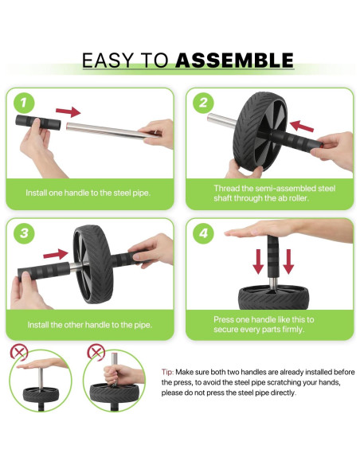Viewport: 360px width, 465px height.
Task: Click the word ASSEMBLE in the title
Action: [x=235, y=61]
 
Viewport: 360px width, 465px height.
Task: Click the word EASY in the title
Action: [x=108, y=61]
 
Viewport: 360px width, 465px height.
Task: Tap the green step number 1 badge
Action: [x=24, y=103]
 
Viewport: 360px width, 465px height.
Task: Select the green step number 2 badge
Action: [x=203, y=103]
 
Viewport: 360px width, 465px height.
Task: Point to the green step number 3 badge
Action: [x=24, y=233]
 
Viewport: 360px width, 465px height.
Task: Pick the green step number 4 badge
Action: [x=203, y=233]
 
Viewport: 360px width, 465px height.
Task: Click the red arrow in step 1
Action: [x=68, y=111]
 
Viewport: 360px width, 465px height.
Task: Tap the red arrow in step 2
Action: [x=302, y=127]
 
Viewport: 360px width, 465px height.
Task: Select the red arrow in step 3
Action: [x=56, y=255]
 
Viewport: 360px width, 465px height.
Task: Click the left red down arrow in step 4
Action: [x=258, y=261]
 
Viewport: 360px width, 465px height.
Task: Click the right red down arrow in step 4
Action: [x=288, y=261]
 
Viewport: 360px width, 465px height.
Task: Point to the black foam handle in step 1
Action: [x=38, y=122]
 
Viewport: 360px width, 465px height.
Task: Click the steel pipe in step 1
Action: [x=112, y=131]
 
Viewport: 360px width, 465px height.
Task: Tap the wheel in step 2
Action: [x=260, y=131]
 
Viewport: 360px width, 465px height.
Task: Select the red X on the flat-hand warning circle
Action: [x=19, y=353]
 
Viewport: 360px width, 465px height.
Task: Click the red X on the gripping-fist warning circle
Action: [x=96, y=352]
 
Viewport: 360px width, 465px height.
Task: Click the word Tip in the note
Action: [x=167, y=372]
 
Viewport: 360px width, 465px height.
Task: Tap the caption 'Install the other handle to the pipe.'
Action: [x=89, y=325]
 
